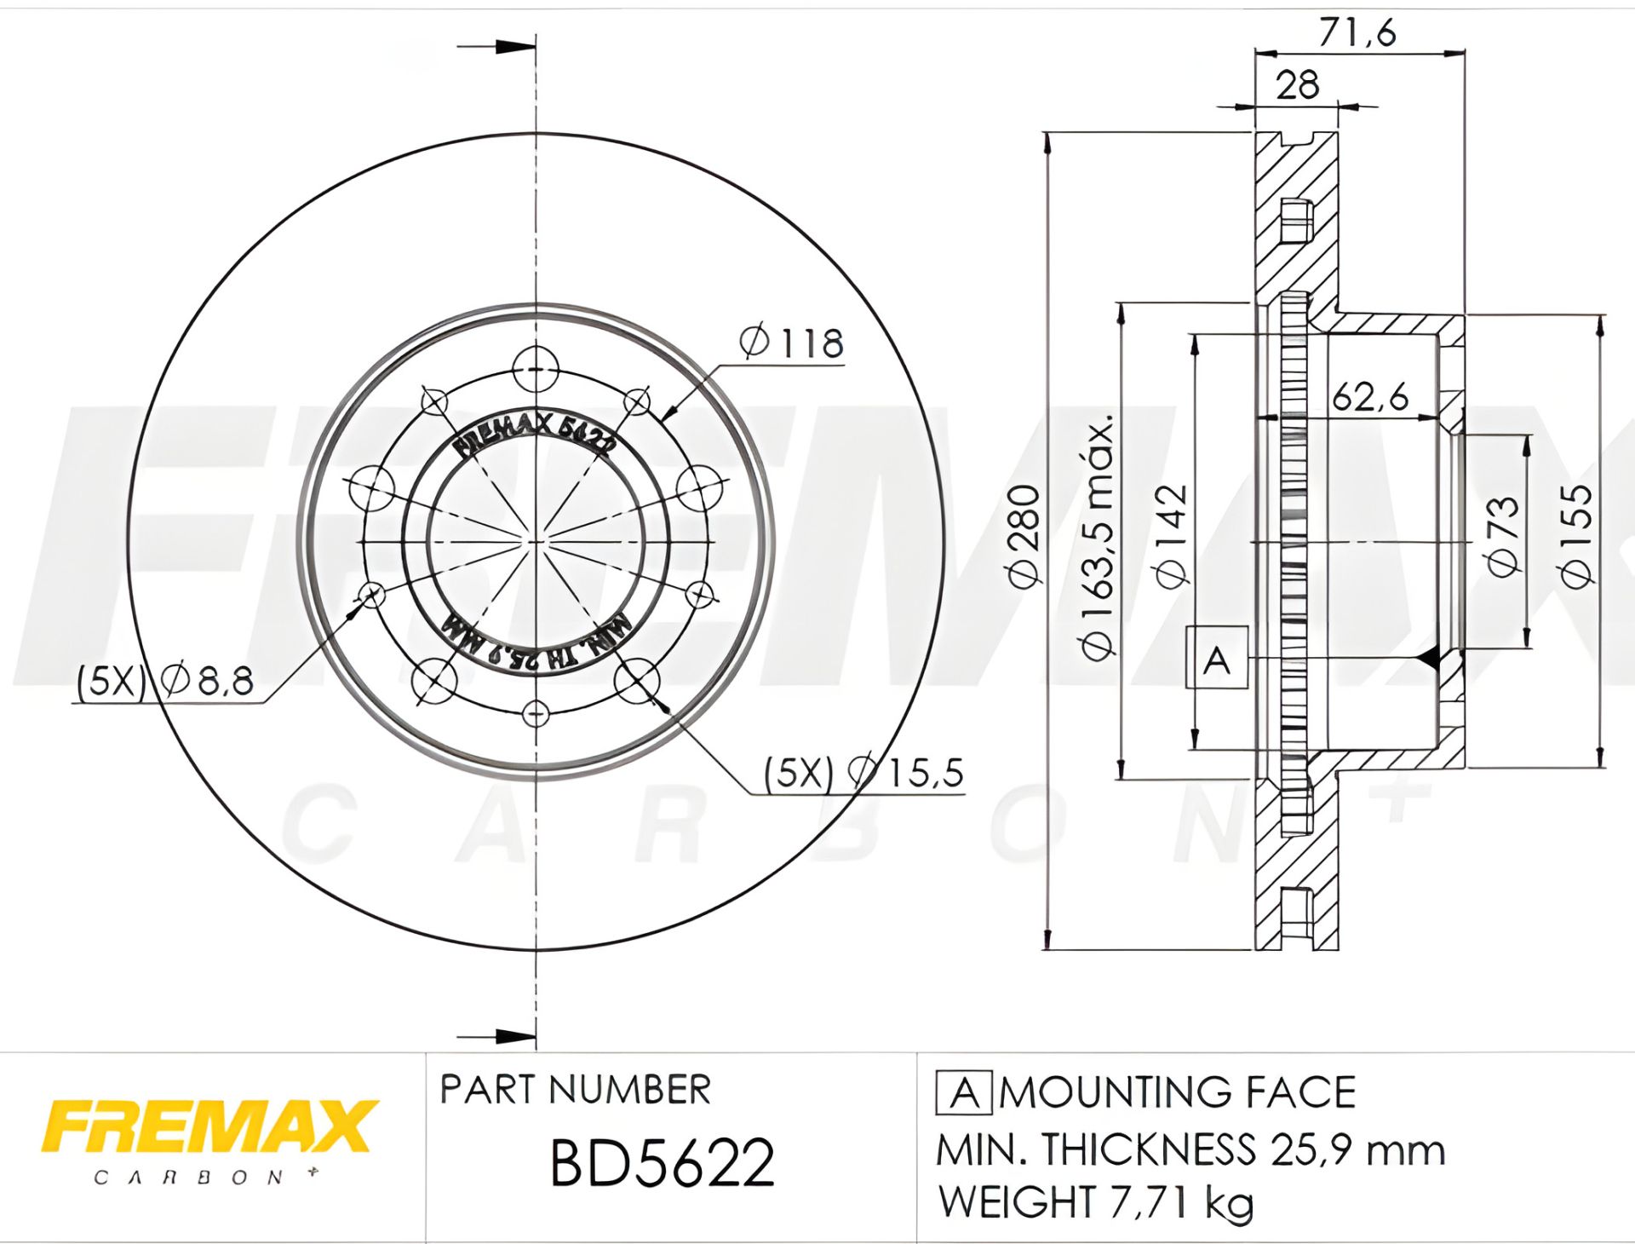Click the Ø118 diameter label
[791, 343]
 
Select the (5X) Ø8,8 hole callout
[165, 682]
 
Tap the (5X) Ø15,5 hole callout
[863, 773]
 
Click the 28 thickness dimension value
[1298, 85]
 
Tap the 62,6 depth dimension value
[1370, 398]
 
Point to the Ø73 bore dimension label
[1502, 536]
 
